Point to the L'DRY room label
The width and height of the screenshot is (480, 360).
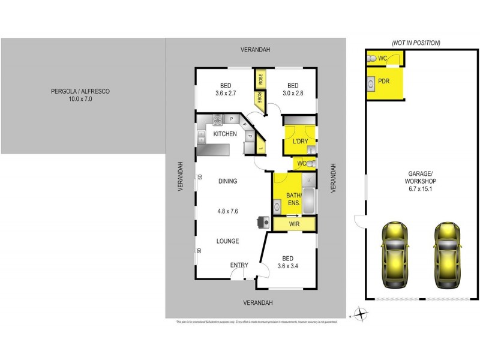(x=299, y=141)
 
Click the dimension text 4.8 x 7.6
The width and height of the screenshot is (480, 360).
(x=227, y=211)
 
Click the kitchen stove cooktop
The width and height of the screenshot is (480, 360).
(x=218, y=119)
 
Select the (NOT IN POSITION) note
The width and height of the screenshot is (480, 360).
(x=416, y=43)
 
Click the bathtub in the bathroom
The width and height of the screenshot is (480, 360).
(x=308, y=201)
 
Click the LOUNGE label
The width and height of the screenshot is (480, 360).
(x=228, y=241)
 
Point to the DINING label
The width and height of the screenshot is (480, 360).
(x=227, y=181)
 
